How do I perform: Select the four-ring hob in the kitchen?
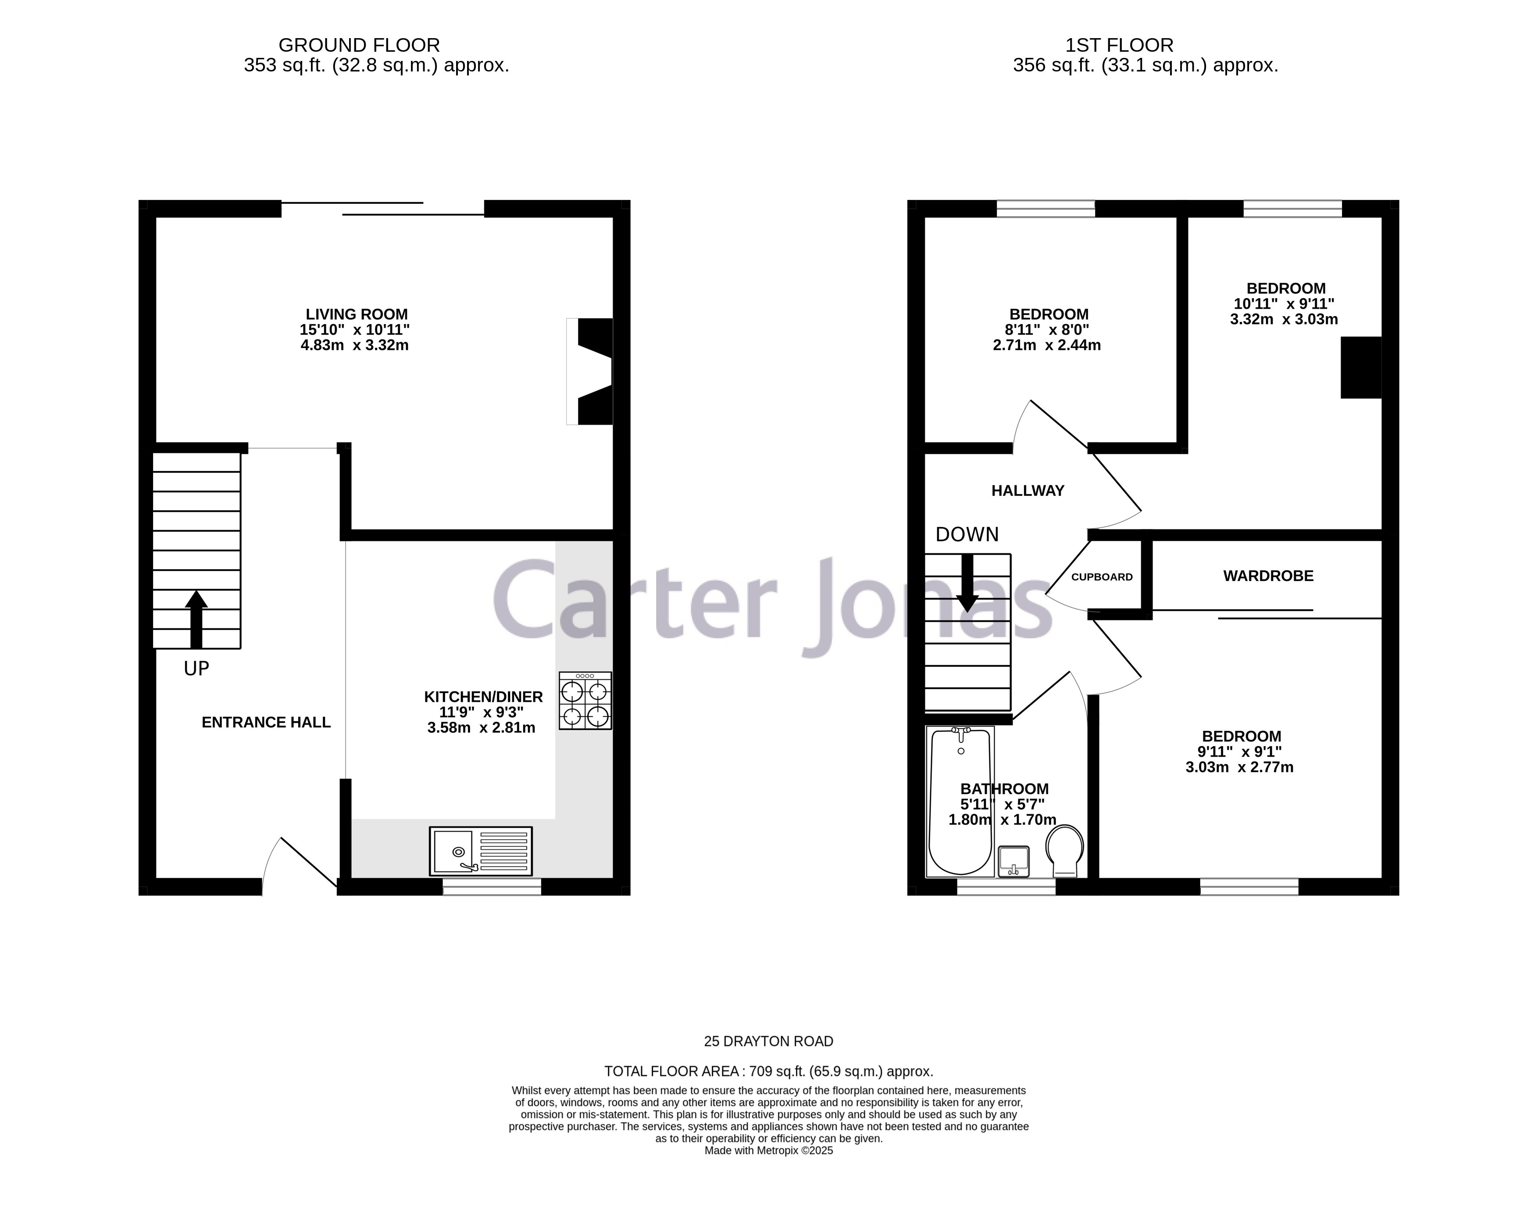point(585,701)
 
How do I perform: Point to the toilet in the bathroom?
point(1065,851)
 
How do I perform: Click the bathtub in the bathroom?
point(960,800)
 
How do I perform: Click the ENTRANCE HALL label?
point(266,723)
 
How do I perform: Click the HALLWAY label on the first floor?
point(1027,491)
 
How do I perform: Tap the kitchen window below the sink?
point(492,886)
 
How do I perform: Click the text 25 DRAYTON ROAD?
point(768,1041)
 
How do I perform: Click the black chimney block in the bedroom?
point(1360,367)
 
